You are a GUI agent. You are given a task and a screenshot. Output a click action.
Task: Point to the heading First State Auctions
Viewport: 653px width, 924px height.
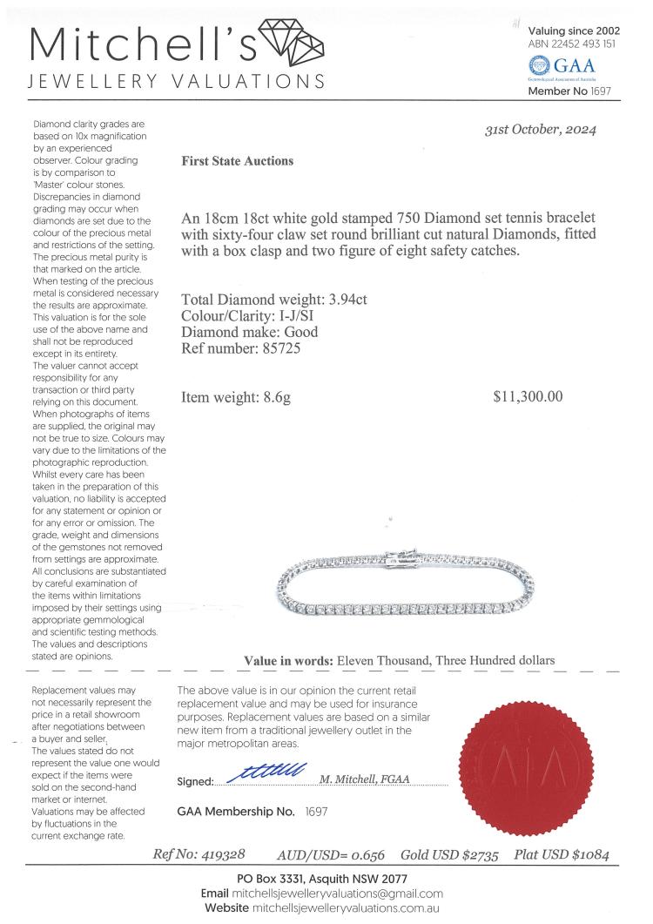point(237,161)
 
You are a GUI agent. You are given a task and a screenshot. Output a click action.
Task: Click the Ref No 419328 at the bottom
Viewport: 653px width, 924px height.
point(221,855)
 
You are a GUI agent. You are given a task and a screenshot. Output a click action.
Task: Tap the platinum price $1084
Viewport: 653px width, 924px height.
point(596,855)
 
